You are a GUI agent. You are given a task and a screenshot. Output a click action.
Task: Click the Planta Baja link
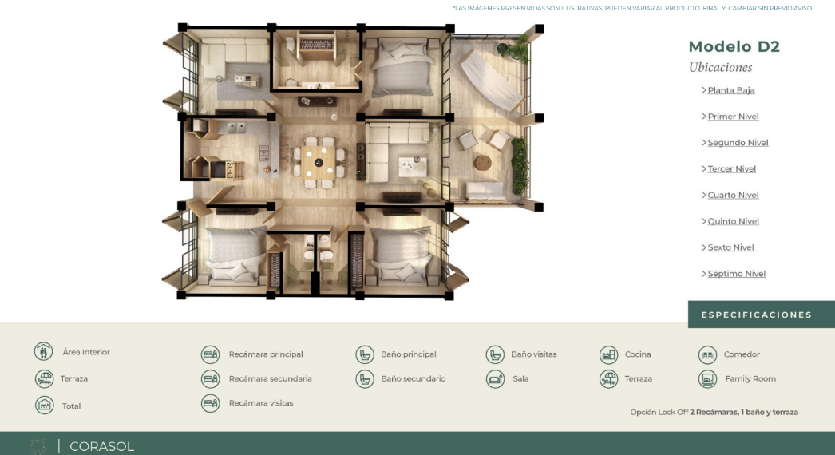click(x=731, y=90)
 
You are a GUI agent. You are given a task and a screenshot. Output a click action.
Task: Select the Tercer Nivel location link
click(x=732, y=169)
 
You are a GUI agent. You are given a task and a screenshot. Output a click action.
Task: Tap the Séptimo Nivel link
click(x=737, y=274)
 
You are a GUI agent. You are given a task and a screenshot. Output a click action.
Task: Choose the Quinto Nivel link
click(x=734, y=221)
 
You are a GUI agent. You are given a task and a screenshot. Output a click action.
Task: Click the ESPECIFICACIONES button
click(x=761, y=315)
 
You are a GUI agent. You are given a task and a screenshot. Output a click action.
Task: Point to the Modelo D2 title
click(x=734, y=47)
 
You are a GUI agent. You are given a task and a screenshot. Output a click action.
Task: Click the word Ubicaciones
click(x=721, y=68)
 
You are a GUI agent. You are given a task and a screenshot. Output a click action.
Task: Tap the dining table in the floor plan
click(x=319, y=163)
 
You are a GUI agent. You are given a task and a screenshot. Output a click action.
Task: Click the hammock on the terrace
click(x=490, y=80)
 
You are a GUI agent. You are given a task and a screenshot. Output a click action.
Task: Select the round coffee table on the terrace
click(x=483, y=163)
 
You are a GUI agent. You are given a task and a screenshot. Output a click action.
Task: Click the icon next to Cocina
click(x=608, y=354)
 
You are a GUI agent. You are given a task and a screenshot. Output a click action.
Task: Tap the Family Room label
click(x=750, y=379)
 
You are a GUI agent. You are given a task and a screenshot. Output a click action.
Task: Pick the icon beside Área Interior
click(x=44, y=352)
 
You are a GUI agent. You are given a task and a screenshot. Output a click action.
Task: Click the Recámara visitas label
click(x=261, y=403)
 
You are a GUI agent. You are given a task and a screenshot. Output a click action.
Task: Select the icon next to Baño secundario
click(x=365, y=379)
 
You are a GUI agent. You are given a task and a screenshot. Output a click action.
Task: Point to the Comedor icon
click(x=708, y=354)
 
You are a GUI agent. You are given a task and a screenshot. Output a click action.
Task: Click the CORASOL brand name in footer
click(x=101, y=446)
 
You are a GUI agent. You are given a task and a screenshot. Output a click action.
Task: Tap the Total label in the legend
click(x=71, y=406)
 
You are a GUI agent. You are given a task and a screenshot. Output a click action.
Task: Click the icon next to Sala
click(x=495, y=379)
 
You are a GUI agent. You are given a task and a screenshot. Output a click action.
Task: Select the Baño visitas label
click(x=533, y=354)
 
